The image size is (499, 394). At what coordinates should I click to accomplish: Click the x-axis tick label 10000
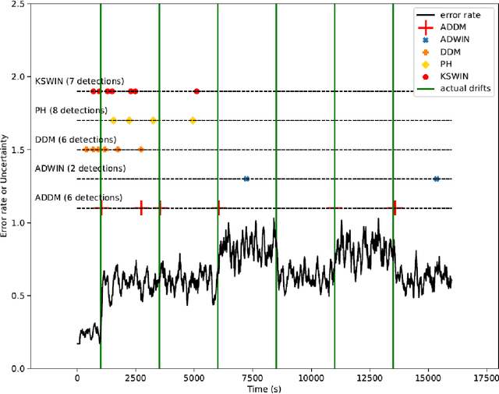[311, 378]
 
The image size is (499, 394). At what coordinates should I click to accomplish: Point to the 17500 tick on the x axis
[487, 378]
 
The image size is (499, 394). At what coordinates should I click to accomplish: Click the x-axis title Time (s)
[264, 388]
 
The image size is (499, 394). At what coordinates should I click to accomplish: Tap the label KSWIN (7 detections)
[80, 81]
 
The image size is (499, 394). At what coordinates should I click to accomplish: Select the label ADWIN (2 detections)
[80, 169]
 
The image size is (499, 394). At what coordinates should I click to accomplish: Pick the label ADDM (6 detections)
[79, 197]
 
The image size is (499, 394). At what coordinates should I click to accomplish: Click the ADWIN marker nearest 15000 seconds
[437, 179]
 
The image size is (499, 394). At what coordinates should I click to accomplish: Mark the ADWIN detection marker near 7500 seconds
[246, 179]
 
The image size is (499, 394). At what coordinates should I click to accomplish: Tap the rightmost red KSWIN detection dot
[196, 91]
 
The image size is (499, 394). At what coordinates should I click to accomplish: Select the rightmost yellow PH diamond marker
[193, 120]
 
